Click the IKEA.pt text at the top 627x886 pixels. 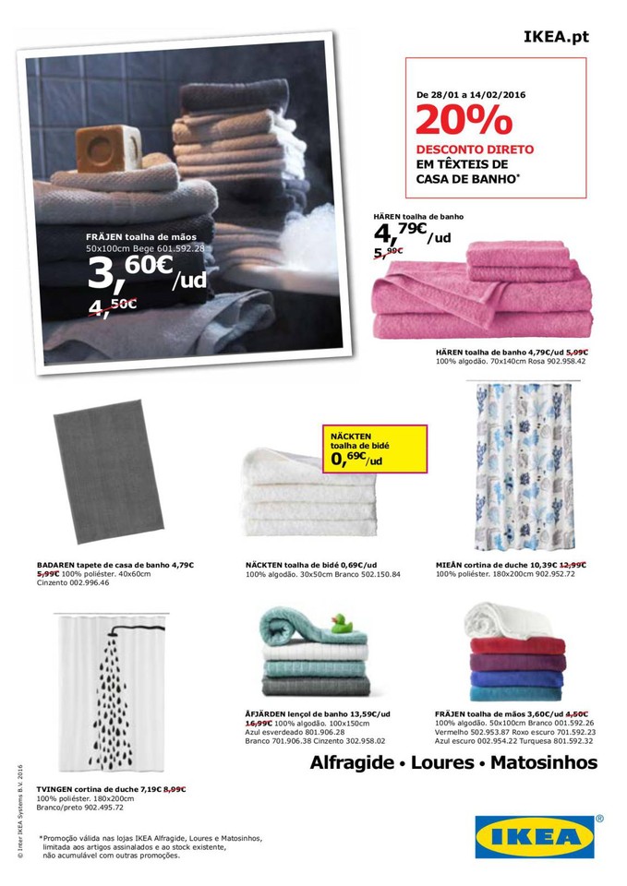[x=555, y=38]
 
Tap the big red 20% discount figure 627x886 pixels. [x=464, y=121]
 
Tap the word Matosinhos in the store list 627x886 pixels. [x=544, y=763]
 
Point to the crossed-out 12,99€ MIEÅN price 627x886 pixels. [x=573, y=564]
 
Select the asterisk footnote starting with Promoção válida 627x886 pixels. [x=152, y=846]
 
